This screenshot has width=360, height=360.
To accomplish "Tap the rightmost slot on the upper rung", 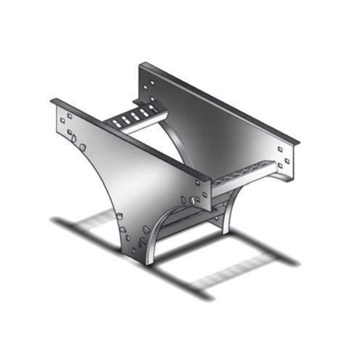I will point(153,108).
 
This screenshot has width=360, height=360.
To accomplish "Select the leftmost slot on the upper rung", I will point(117,123).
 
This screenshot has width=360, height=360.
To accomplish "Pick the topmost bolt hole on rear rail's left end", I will point(152,82).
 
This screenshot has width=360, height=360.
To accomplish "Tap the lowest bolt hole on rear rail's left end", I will point(152,99).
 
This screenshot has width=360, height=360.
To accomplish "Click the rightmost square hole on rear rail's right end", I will point(287,161).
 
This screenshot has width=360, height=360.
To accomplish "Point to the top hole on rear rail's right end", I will point(280,149).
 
